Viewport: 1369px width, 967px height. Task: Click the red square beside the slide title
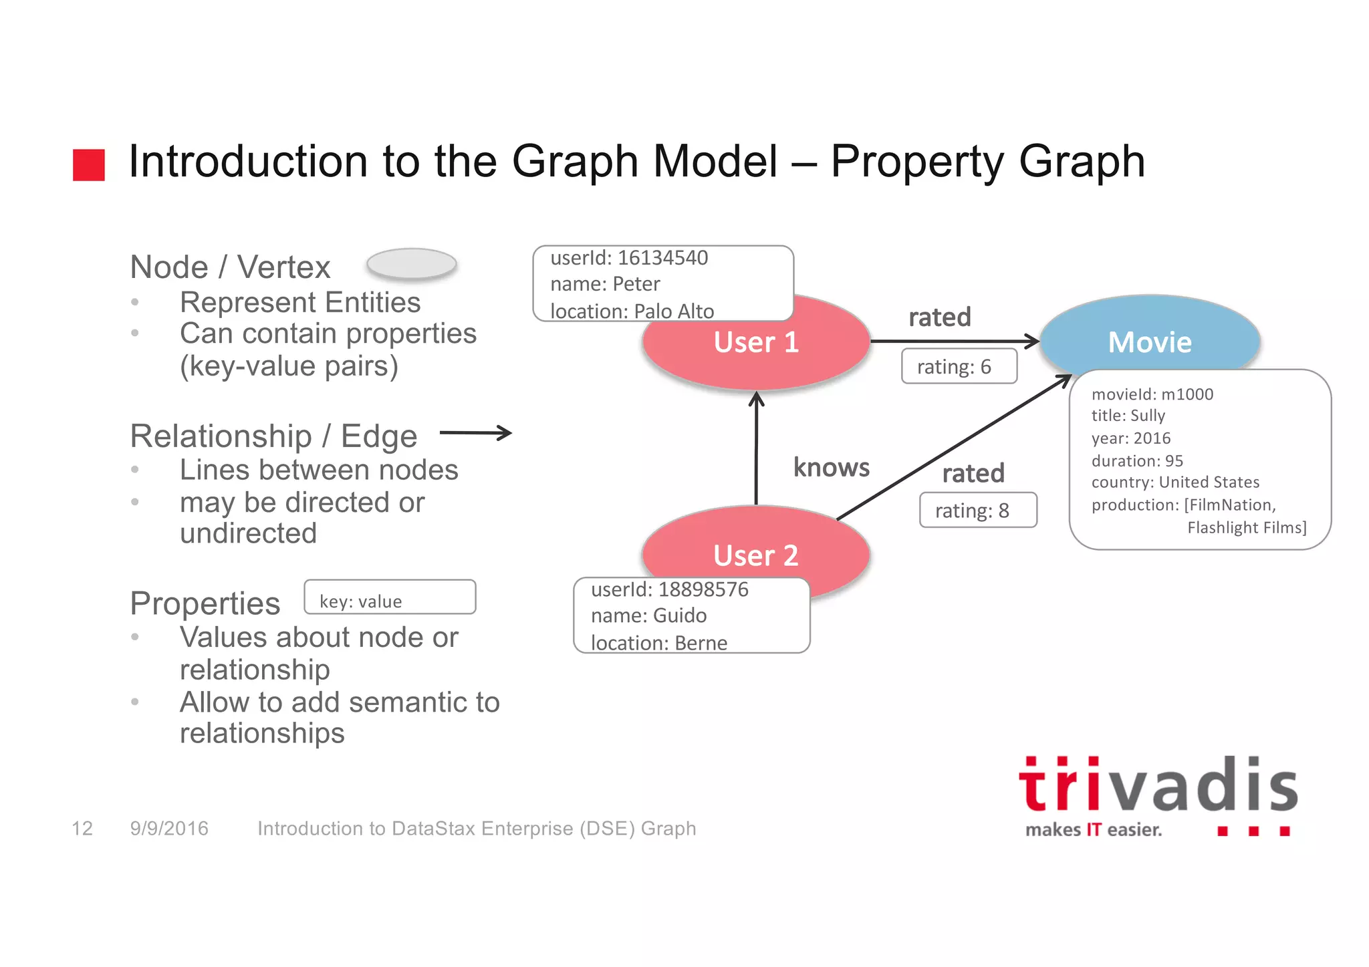(x=89, y=165)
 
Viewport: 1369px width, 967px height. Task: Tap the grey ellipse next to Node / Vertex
(x=412, y=264)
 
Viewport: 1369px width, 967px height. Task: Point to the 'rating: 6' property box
(x=959, y=367)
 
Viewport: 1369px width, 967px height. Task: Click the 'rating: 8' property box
(x=977, y=511)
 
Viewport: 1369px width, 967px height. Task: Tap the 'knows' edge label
(x=831, y=468)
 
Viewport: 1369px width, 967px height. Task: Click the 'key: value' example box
(x=390, y=597)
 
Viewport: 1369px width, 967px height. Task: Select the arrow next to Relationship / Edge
(x=475, y=433)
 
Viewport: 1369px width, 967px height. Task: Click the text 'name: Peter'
(x=605, y=284)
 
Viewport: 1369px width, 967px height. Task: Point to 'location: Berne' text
(x=658, y=643)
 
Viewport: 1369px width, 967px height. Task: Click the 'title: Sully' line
(x=1128, y=416)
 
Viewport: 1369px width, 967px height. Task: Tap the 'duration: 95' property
(x=1136, y=461)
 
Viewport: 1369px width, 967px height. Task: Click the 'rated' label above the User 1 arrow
(x=939, y=317)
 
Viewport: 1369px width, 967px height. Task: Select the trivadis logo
(x=1157, y=796)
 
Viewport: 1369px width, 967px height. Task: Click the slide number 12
(x=82, y=829)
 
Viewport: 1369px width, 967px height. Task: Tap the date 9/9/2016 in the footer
(x=169, y=829)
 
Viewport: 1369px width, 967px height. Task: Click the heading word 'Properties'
(x=205, y=603)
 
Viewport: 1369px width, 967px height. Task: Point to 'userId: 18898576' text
(x=669, y=589)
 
